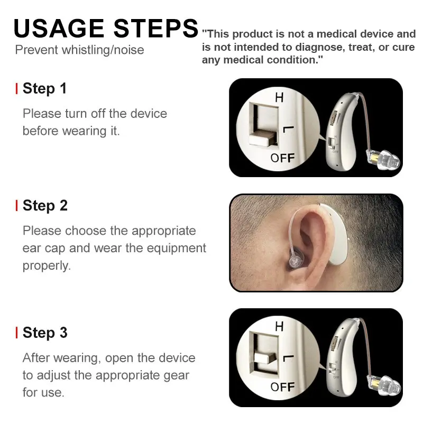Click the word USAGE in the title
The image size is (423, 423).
pos(59,29)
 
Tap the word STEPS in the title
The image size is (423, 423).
pos(156,29)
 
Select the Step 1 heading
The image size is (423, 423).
pos(44,88)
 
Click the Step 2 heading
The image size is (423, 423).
pos(45,206)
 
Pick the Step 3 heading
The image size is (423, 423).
pos(45,333)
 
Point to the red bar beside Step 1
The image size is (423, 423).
pos(17,89)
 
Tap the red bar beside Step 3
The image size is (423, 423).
pos(17,333)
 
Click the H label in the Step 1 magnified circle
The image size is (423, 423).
pos(279,97)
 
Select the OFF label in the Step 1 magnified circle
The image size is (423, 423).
pos(282,158)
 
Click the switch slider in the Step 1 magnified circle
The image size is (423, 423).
pos(263,139)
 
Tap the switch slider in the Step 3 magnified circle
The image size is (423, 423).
pos(265,358)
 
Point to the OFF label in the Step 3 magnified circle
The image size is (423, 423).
pos(282,387)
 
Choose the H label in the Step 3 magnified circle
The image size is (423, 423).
pos(279,326)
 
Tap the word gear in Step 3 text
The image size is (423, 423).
pos(177,376)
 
